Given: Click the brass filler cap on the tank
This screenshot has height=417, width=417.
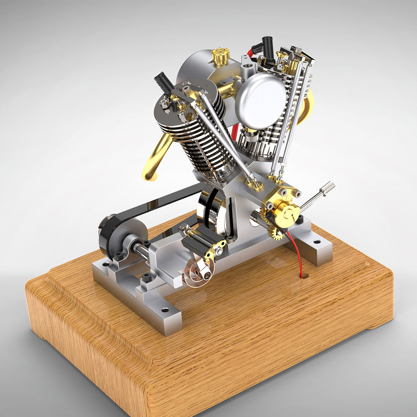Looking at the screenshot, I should pos(221,56).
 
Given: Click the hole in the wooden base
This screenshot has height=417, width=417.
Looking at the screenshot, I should pos(303,276).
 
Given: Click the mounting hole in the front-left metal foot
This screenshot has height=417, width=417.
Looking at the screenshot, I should pos(165,310).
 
